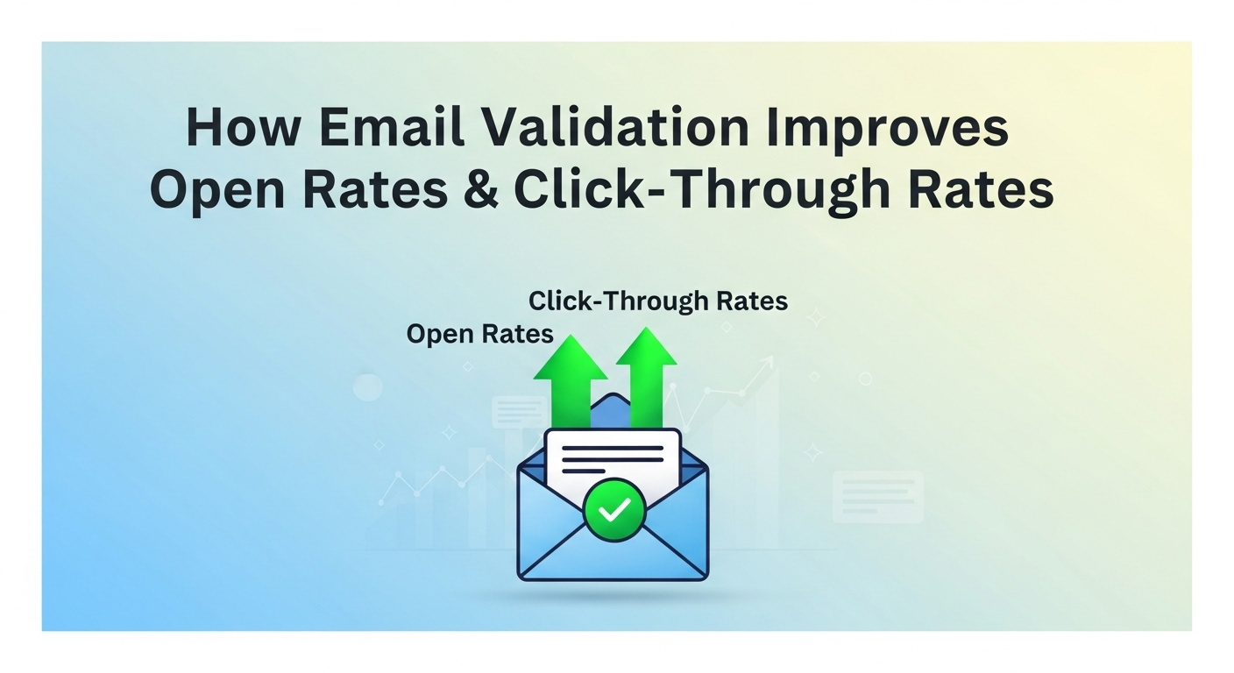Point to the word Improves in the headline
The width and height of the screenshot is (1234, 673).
[887, 128]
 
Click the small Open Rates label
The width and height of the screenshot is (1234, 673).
[479, 335]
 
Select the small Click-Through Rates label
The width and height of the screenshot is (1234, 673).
[658, 301]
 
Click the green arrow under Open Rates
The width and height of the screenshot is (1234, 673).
[571, 377]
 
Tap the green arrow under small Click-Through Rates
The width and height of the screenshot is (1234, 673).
[646, 372]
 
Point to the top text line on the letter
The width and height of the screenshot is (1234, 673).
[613, 448]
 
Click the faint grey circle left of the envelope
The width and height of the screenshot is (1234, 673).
[367, 386]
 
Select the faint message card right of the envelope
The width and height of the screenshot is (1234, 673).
[877, 496]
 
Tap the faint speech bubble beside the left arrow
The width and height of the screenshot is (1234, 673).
[520, 411]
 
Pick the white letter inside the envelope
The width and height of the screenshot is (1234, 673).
[613, 460]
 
